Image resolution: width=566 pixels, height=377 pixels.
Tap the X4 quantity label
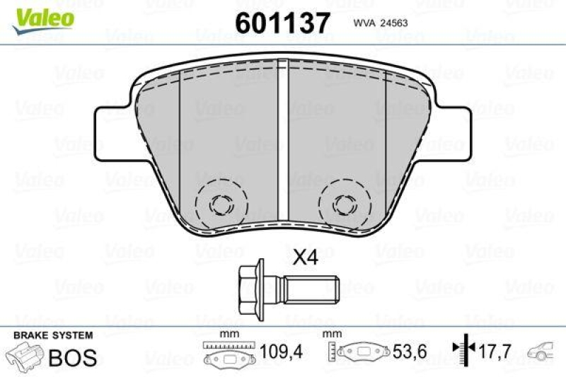(x=306, y=258)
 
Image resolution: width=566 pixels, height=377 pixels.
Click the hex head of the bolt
(x=250, y=288)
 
